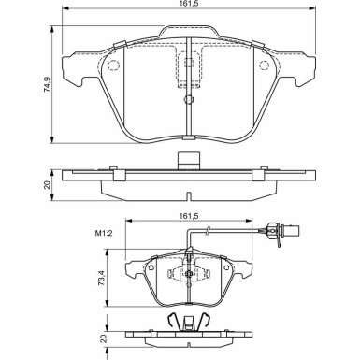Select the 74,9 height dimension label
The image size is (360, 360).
coord(47,84)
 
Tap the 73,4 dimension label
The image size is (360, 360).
coord(101,279)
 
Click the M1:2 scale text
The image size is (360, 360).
coord(103,233)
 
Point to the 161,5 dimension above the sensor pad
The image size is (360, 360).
coord(189,216)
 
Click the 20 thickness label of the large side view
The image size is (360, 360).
coord(48,185)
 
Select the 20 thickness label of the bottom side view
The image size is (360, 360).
coord(104,338)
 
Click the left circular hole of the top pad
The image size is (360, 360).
coord(113,65)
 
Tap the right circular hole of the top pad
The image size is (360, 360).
coord(264,65)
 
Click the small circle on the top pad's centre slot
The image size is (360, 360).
coord(189,99)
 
